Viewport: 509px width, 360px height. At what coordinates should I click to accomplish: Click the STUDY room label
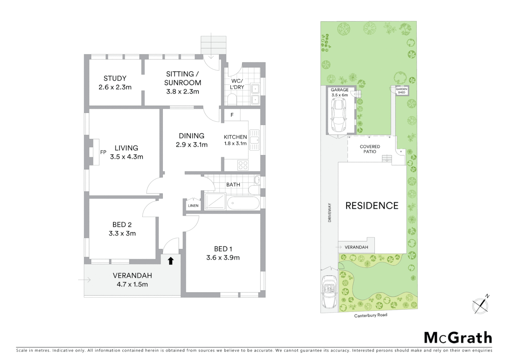tap(115, 78)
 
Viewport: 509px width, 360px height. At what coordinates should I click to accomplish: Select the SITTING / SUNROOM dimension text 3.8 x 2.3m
tap(183, 92)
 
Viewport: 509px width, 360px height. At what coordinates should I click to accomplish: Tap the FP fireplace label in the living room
tap(103, 152)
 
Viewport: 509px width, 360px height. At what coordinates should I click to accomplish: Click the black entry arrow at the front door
tap(171, 261)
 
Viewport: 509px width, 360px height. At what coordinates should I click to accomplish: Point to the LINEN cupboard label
tap(193, 206)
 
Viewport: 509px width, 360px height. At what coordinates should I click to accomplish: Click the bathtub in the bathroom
tap(243, 203)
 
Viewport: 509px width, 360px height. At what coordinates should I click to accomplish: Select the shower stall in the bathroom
tap(215, 202)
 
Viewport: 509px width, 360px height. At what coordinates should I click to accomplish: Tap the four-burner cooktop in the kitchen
tap(243, 165)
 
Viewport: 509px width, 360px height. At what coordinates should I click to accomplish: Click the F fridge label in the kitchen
tap(232, 115)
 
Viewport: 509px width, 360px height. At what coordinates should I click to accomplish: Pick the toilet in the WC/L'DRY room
tap(232, 99)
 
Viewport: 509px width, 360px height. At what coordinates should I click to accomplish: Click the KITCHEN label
tap(235, 137)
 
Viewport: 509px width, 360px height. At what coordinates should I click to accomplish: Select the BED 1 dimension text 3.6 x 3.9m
tap(223, 258)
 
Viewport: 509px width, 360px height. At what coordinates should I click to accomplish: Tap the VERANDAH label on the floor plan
tap(132, 276)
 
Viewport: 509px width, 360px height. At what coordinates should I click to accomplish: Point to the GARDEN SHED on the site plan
tap(401, 91)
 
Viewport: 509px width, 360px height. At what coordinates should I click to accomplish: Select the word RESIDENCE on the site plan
tap(372, 206)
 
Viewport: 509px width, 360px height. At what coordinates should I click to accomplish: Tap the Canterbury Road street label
tap(370, 315)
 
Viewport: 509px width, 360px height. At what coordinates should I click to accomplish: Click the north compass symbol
tap(481, 305)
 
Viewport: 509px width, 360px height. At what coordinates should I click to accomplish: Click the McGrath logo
tap(458, 338)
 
